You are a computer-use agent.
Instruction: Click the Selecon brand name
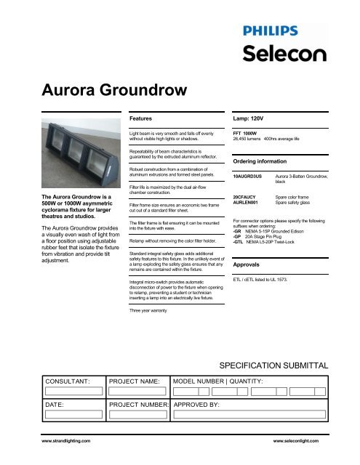click(279, 53)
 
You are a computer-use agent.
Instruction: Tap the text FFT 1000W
click(247, 134)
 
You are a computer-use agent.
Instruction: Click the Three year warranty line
click(153, 310)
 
